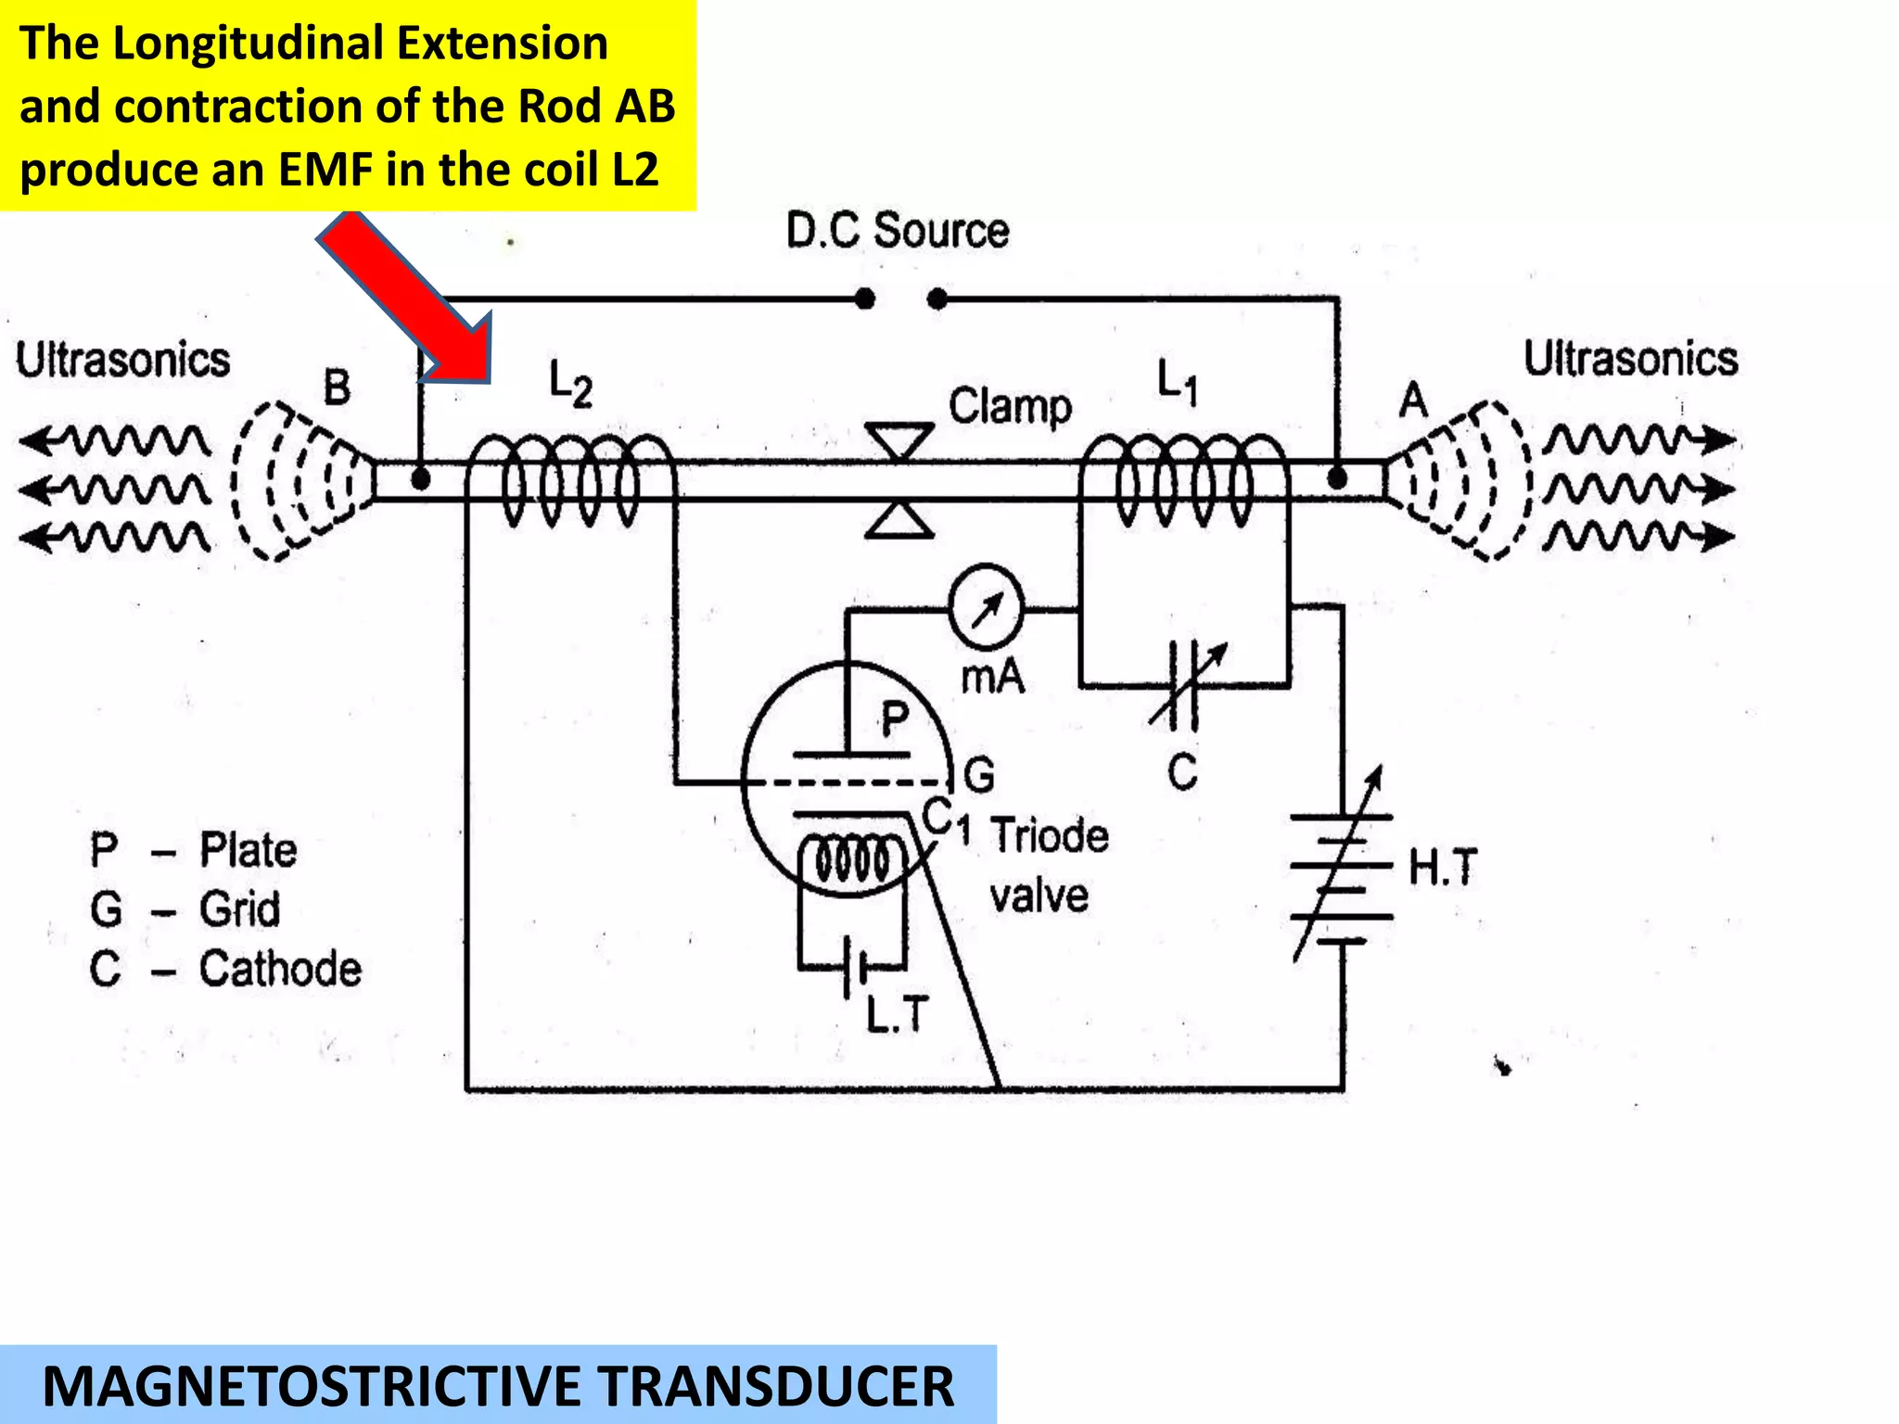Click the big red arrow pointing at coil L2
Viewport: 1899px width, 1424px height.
pyautogui.click(x=408, y=297)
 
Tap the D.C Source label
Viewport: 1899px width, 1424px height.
pyautogui.click(x=897, y=230)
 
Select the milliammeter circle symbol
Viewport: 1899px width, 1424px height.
pyautogui.click(x=986, y=608)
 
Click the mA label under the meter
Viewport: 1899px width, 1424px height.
pyautogui.click(x=992, y=678)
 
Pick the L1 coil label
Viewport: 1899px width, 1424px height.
pyautogui.click(x=1178, y=381)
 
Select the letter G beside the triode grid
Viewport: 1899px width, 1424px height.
pyautogui.click(x=979, y=774)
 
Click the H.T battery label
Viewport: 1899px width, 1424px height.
pyautogui.click(x=1442, y=868)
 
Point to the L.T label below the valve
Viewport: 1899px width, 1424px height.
pyautogui.click(x=896, y=1014)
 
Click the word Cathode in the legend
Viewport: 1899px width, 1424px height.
pyautogui.click(x=280, y=969)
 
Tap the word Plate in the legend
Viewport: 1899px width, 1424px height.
pyautogui.click(x=249, y=850)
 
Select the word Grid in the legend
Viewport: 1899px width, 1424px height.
pyautogui.click(x=239, y=909)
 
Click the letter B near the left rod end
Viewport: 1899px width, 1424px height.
pyautogui.click(x=337, y=388)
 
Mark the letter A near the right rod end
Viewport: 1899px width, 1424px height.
pyautogui.click(x=1413, y=400)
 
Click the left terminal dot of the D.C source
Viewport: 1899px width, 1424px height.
pyautogui.click(x=864, y=299)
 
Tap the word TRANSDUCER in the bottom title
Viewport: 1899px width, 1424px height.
pyautogui.click(x=774, y=1387)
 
